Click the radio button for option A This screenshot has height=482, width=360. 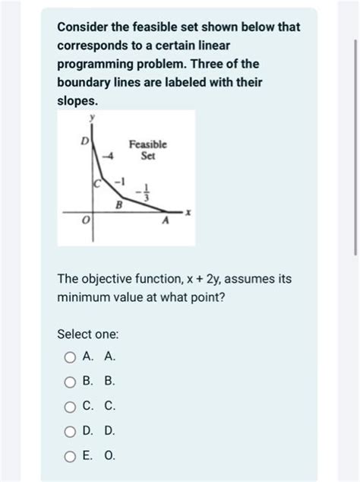pos(70,357)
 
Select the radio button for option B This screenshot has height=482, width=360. pos(70,382)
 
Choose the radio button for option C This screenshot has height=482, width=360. pos(70,407)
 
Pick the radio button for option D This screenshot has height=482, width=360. pos(70,431)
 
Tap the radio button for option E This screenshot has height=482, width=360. pos(70,456)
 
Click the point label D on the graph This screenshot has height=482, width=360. pos(86,142)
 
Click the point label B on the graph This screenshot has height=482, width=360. pos(118,205)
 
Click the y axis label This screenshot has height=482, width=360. pos(93,118)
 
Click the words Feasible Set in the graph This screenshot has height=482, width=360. pos(147,150)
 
